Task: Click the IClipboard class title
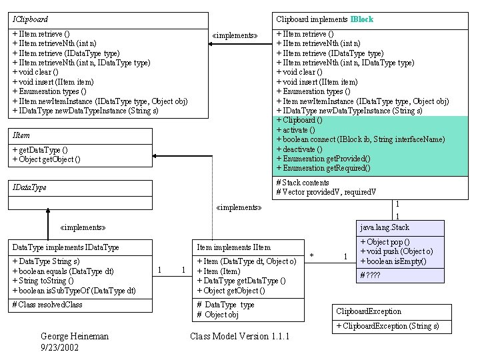tap(30, 19)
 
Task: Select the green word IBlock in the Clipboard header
tap(362, 19)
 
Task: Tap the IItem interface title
tap(21, 135)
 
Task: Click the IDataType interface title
tap(29, 187)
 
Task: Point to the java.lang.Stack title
tap(385, 227)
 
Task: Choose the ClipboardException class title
tap(369, 311)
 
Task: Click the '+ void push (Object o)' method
tap(397, 251)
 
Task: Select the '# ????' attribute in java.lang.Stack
tap(370, 275)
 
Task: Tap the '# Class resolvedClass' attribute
tap(47, 305)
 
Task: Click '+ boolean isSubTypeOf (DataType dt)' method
tap(74, 291)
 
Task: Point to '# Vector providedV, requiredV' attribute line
tap(326, 192)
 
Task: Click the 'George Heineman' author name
tap(75, 337)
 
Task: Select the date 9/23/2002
tap(60, 347)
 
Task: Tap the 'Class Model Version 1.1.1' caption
tap(240, 337)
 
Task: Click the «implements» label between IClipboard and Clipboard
tap(235, 35)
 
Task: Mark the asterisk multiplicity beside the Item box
tap(311, 255)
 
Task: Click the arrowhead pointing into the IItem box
tap(154, 156)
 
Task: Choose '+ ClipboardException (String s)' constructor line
tap(387, 326)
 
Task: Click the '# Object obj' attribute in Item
tap(217, 315)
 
